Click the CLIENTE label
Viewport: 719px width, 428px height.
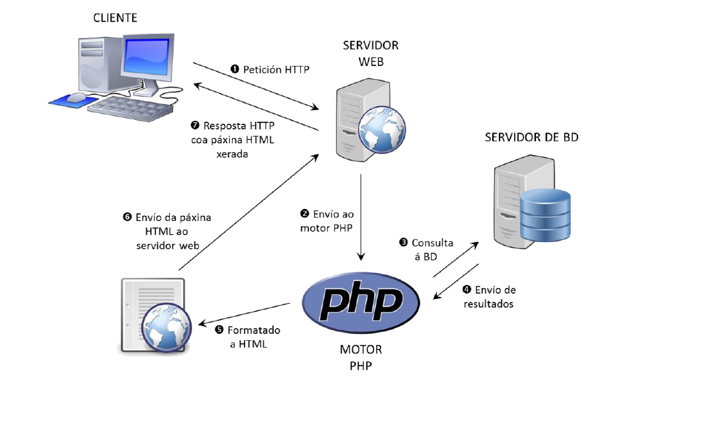click(115, 18)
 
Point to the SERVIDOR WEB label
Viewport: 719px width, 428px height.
click(370, 54)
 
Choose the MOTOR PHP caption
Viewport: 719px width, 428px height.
click(360, 358)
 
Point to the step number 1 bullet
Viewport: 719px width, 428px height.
click(235, 70)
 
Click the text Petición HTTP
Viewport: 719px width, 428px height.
click(276, 70)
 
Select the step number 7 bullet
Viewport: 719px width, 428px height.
click(195, 126)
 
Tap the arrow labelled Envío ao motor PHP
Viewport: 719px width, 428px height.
click(361, 217)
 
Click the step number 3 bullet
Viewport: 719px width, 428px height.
click(404, 242)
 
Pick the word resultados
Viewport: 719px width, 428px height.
click(488, 304)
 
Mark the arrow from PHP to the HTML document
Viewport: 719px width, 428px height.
click(244, 314)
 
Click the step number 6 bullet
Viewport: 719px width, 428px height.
click(127, 217)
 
